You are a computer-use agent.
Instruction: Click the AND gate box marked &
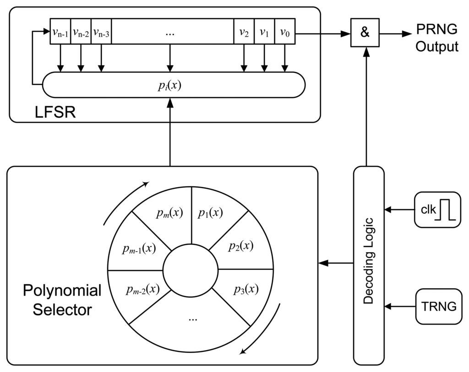pos(365,32)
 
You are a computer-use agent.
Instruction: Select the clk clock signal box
pos(437,210)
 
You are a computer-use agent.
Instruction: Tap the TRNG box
pos(438,306)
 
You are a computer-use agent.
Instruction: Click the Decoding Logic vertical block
pos(369,266)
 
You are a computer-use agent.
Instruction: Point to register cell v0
pos(284,32)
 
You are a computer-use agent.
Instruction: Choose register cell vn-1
pos(60,32)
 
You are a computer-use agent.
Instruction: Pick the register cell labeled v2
pos(244,32)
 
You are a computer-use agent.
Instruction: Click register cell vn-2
pos(81,32)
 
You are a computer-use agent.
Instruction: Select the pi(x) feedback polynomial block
pos(174,85)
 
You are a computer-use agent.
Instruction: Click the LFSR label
pos(55,113)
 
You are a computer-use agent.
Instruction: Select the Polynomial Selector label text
pos(62,300)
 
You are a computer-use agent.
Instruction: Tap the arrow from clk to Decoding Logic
pos(399,210)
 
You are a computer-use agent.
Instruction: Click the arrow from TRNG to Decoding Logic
pos(400,306)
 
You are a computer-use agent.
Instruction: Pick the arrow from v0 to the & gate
pos(323,34)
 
